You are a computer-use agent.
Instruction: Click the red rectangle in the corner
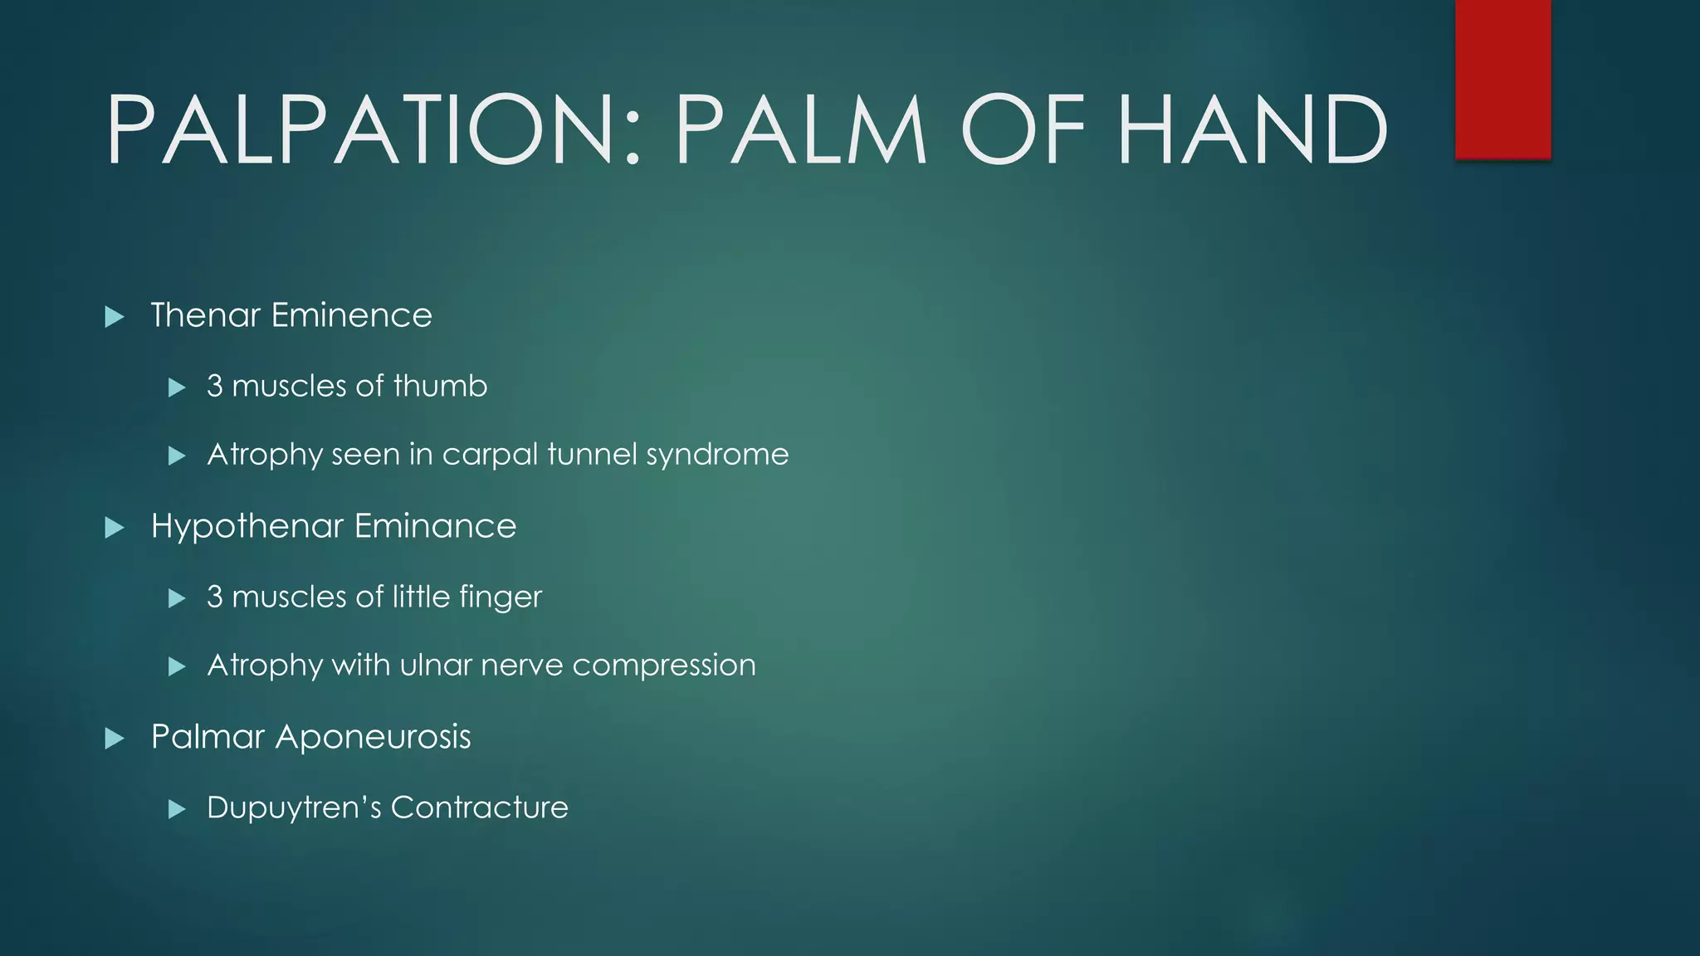click(x=1502, y=79)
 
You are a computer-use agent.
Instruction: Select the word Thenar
click(x=206, y=315)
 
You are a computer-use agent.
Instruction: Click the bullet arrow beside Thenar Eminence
click(x=115, y=316)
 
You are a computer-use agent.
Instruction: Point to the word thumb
click(x=440, y=386)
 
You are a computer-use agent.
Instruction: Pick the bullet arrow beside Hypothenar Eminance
click(x=115, y=527)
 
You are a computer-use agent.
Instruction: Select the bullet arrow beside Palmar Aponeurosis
click(x=115, y=738)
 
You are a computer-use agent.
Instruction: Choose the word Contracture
click(x=479, y=807)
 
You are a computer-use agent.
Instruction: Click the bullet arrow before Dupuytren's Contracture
click(x=176, y=808)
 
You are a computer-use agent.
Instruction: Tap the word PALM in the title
click(x=800, y=130)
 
